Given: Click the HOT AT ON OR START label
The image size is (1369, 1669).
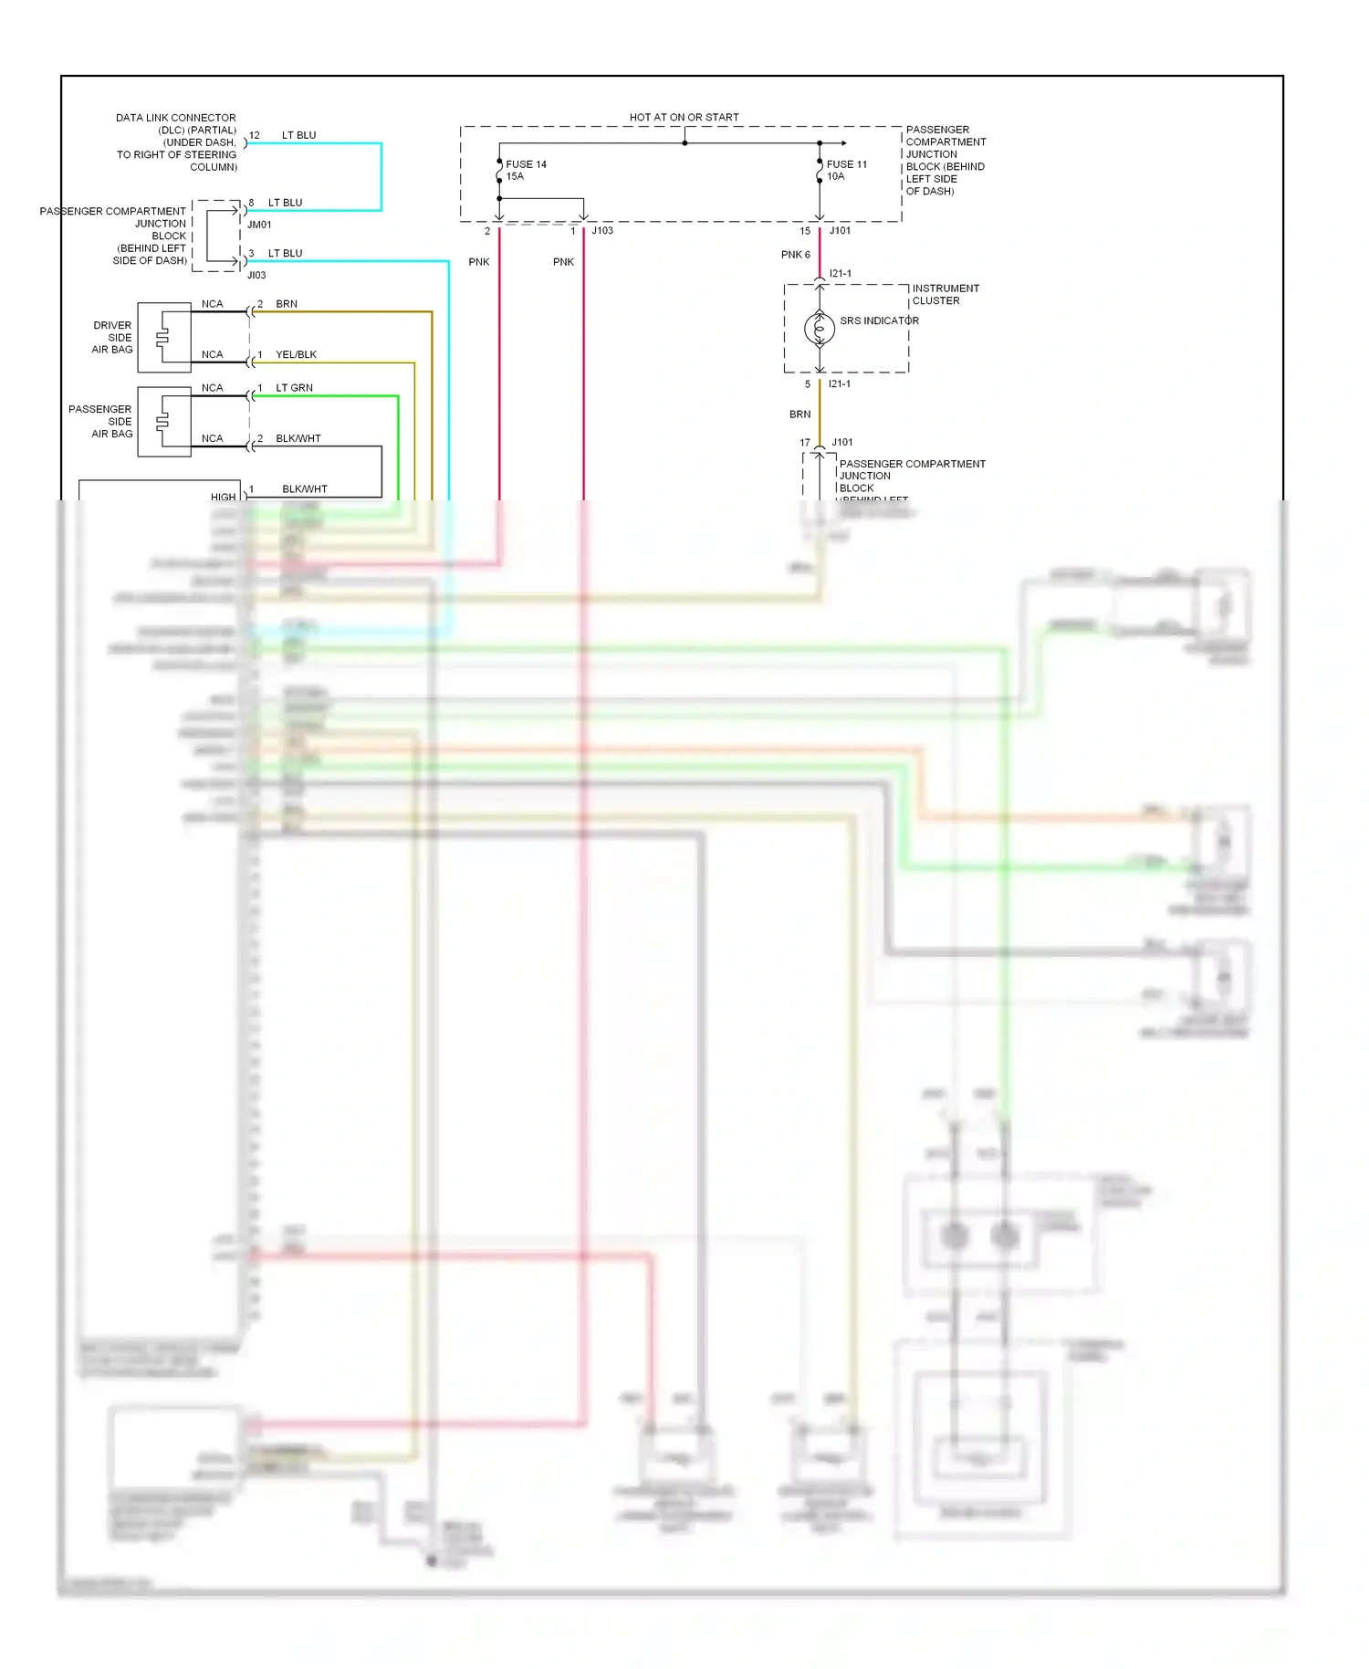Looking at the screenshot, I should (x=684, y=118).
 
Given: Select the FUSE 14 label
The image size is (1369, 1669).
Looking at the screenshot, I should (x=526, y=164).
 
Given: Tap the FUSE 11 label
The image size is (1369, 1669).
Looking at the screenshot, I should (x=846, y=164).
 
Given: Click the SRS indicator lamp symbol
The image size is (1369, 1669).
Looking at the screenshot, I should (x=820, y=328).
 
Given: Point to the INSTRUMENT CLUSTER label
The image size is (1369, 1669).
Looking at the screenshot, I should (x=946, y=294).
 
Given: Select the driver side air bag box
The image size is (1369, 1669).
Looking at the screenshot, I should (x=164, y=337).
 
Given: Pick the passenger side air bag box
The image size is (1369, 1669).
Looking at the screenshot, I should (x=164, y=421).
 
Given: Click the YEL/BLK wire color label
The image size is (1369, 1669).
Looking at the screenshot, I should (x=296, y=354).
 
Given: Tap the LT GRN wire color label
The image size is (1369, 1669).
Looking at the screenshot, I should (x=294, y=388).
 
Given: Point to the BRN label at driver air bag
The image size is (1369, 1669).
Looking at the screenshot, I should (x=287, y=304).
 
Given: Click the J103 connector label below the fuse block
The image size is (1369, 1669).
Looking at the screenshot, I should (x=602, y=231).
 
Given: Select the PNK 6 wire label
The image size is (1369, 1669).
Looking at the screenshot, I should (x=795, y=255).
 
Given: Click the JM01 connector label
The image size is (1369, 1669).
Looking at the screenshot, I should (x=259, y=225).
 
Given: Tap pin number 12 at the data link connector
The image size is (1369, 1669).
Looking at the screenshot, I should (x=255, y=135).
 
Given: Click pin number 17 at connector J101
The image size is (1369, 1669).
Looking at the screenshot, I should (x=805, y=443).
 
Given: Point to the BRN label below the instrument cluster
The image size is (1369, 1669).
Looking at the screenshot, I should (x=799, y=415).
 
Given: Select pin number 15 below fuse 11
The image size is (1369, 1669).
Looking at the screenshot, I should (x=805, y=231).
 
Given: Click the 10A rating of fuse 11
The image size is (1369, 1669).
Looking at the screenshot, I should (x=836, y=176).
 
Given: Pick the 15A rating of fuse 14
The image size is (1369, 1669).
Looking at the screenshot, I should (x=516, y=176).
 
